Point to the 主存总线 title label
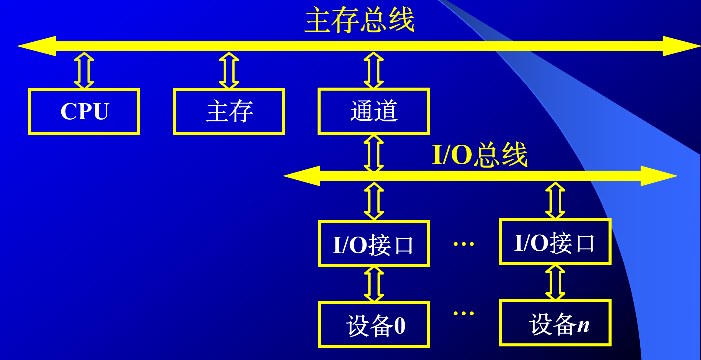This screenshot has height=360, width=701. point(360,20)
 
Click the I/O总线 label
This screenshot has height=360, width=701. point(480,155)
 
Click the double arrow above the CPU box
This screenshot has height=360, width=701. point(84,70)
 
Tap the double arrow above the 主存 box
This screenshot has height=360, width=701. point(229,70)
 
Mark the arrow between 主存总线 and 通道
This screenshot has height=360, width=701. point(374,70)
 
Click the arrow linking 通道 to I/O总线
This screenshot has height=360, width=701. point(374,153)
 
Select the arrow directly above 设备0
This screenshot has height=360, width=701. point(374,284)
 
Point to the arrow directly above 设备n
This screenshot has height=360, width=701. point(555,282)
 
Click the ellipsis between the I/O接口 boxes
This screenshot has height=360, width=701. point(464,244)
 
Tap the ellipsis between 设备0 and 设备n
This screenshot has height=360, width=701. point(464,313)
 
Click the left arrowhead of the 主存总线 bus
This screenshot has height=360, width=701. point(36,46)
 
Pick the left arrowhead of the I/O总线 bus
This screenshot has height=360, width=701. point(301,176)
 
